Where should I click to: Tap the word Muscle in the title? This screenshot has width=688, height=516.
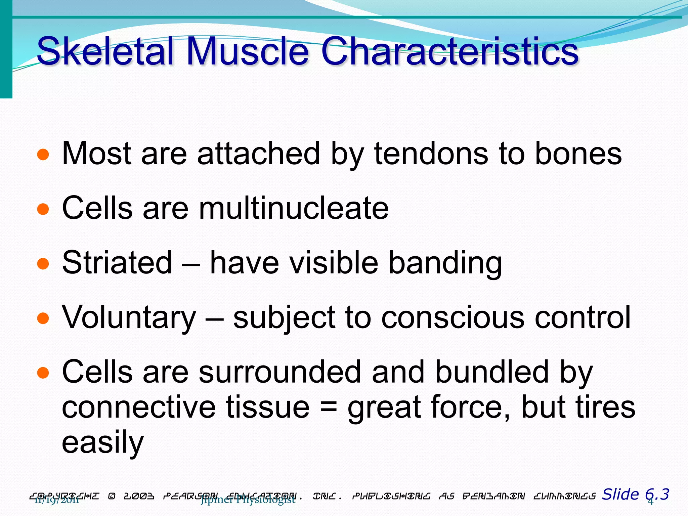(x=247, y=51)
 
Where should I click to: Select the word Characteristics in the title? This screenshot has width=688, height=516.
(x=449, y=51)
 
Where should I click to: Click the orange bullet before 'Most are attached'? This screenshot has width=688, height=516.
(x=43, y=155)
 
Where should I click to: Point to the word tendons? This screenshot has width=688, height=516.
(x=431, y=154)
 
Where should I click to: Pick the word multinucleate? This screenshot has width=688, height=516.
(x=294, y=208)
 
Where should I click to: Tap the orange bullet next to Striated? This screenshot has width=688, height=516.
(x=43, y=264)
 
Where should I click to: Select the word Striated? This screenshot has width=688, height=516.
(x=117, y=262)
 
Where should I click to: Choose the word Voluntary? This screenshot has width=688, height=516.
(x=129, y=317)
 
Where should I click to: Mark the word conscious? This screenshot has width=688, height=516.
(x=453, y=317)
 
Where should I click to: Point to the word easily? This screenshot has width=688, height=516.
(x=103, y=443)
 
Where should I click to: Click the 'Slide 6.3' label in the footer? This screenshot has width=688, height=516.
(x=635, y=494)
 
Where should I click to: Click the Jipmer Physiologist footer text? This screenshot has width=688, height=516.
(x=248, y=500)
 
